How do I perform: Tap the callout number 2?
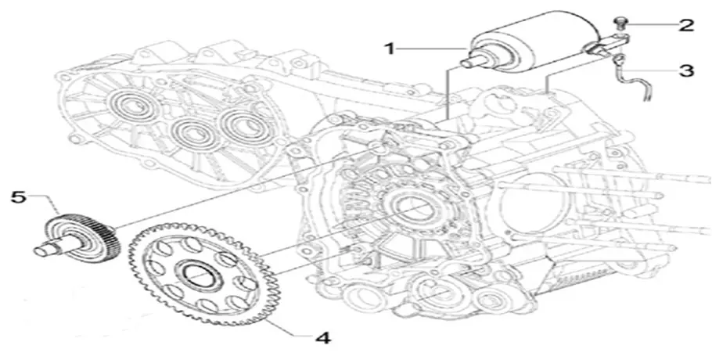point(686,26)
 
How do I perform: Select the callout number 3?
point(686,70)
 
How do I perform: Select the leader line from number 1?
point(430,49)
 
